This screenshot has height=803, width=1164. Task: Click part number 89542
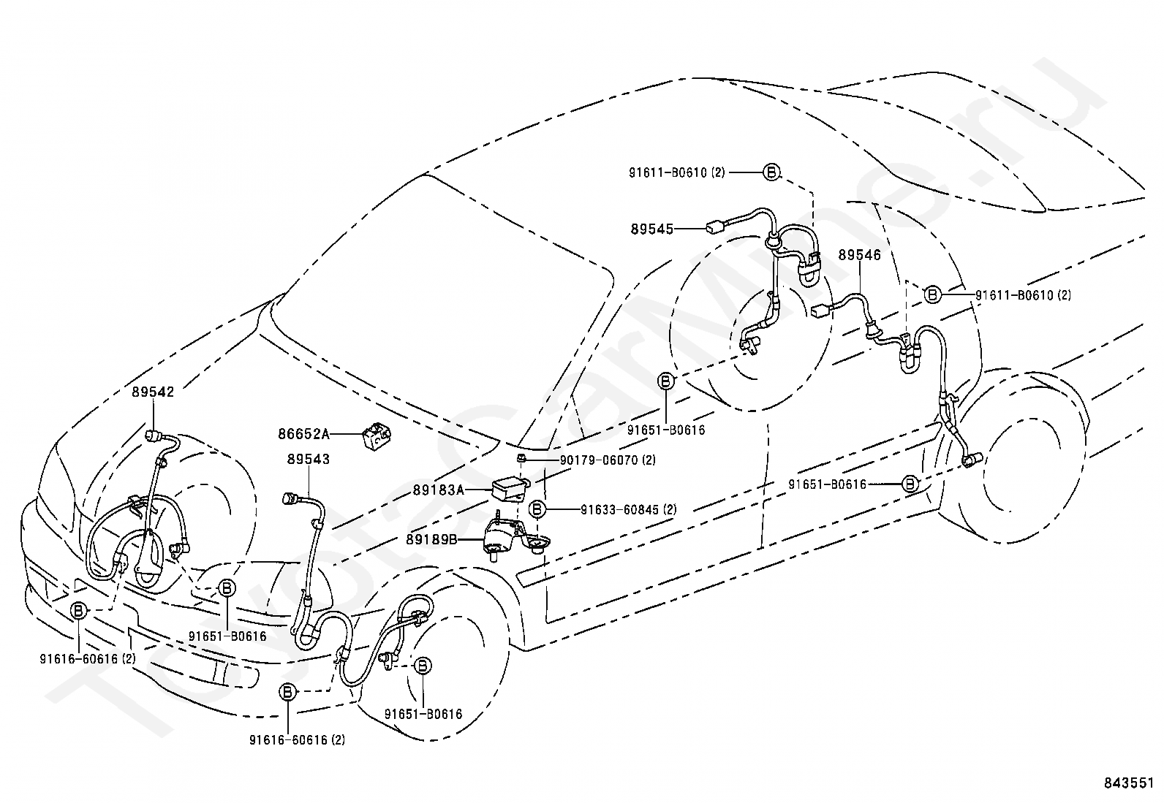click(x=153, y=392)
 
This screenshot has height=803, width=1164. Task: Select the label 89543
click(x=309, y=459)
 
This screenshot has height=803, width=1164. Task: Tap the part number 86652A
click(x=304, y=434)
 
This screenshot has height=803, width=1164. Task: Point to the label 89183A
click(x=439, y=490)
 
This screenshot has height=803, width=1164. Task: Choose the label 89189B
click(x=431, y=540)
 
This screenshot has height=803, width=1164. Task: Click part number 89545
click(x=652, y=229)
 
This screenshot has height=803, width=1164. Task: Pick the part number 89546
click(x=860, y=255)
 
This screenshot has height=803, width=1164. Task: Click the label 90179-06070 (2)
click(x=608, y=460)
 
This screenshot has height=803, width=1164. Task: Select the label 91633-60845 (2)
click(x=629, y=510)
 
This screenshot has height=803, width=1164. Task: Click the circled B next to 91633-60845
click(x=537, y=509)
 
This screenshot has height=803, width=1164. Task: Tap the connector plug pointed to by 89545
click(x=714, y=227)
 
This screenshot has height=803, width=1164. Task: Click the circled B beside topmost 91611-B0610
click(x=771, y=172)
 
